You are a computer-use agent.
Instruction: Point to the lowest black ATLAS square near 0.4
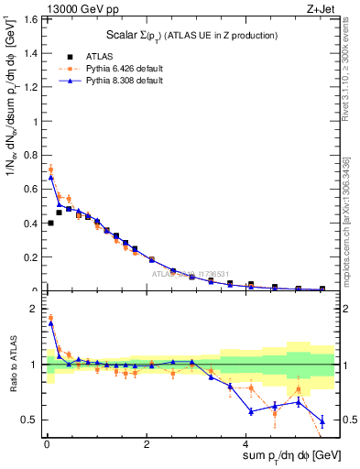click(50, 223)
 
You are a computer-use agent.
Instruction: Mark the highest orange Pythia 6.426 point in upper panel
click(50, 169)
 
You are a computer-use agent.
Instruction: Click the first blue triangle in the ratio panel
click(50, 323)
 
